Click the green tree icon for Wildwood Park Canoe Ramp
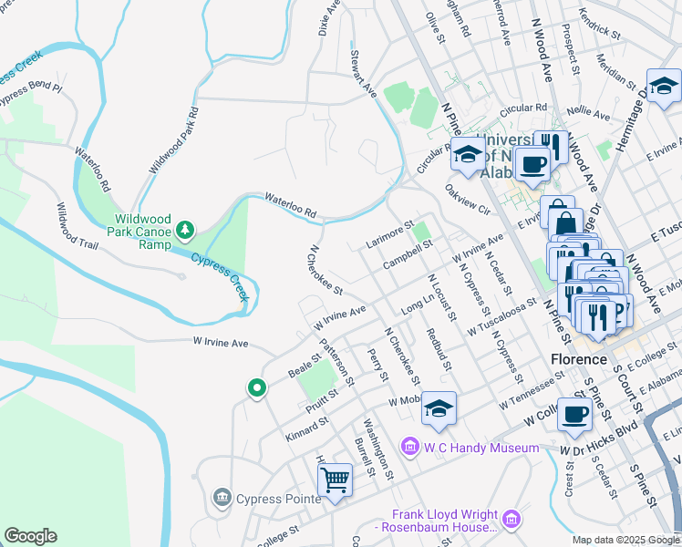185,228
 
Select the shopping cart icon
335,479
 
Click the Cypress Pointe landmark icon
222,498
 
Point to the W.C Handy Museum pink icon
410,448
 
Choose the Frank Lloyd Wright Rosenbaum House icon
511,520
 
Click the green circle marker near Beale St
257,388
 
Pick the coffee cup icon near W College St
574,415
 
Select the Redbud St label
439,350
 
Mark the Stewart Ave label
362,74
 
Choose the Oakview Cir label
469,200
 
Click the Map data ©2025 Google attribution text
625,540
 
